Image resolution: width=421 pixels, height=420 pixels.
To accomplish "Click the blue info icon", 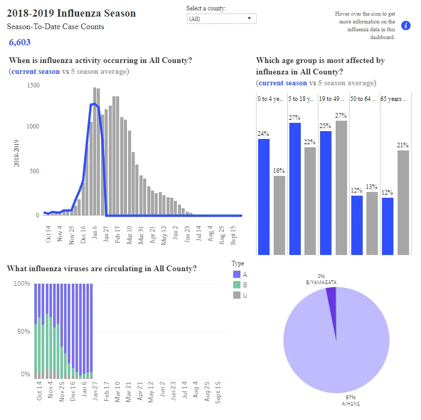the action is click(406, 26).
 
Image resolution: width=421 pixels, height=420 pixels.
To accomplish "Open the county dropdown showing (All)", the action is click(222, 19).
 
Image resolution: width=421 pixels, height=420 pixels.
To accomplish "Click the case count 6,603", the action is click(20, 42).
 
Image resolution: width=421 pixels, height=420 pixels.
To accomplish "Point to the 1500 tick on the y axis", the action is click(33, 85).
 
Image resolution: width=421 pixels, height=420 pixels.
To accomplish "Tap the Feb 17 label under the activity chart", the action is click(117, 234).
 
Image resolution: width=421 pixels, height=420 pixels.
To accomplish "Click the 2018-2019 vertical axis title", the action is click(16, 153).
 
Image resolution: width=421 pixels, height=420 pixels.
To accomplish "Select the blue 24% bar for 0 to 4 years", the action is click(264, 197).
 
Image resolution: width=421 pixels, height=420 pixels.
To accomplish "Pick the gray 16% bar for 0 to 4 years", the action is click(279, 215).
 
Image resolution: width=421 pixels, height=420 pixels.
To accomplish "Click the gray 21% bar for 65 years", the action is click(403, 202).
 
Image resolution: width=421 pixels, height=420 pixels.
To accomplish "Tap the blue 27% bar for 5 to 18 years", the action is click(295, 189).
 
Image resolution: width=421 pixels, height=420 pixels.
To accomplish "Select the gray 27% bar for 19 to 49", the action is click(341, 188).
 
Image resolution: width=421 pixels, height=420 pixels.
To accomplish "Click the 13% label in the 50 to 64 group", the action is click(372, 187).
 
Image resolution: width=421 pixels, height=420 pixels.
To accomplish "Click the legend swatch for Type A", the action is click(237, 274).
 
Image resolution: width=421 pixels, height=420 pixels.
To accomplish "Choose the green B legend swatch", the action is click(237, 285).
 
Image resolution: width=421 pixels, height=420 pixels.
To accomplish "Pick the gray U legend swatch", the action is click(237, 295).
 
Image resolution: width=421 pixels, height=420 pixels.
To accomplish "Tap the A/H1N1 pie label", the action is click(351, 404).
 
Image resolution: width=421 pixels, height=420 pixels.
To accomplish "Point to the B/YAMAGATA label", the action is click(321, 283).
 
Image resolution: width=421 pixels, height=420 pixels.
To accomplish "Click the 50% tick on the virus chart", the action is click(23, 332).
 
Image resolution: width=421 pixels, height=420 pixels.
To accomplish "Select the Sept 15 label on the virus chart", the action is click(218, 392).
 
